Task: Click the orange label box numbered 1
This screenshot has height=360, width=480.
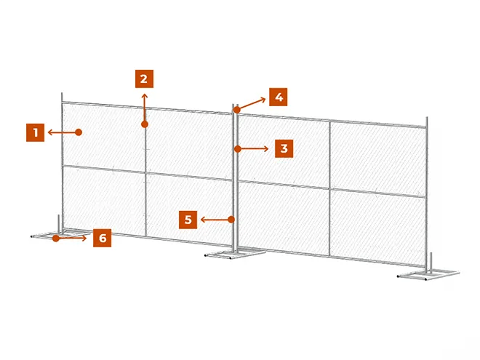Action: tap(34, 132)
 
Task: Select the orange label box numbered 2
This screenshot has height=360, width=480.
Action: tap(144, 79)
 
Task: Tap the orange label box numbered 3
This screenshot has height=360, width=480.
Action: tap(284, 148)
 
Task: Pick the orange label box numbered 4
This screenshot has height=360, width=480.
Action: tap(278, 97)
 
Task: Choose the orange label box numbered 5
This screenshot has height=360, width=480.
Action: tap(188, 219)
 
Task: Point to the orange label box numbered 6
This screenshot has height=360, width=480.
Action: tap(103, 238)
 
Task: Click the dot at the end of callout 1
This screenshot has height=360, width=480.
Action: tap(79, 132)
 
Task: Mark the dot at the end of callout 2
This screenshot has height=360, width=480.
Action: tap(144, 124)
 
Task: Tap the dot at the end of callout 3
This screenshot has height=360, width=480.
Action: tap(237, 148)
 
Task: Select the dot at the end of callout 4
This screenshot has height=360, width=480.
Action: tap(237, 110)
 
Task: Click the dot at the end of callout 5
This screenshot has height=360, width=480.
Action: tap(231, 219)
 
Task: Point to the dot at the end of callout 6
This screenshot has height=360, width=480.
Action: tap(56, 238)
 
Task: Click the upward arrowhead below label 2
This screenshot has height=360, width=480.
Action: tap(144, 95)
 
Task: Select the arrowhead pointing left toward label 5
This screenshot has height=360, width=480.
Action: tap(203, 219)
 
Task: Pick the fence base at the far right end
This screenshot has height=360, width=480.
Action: tap(428, 274)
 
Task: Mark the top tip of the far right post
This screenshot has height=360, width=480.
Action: tap(427, 118)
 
